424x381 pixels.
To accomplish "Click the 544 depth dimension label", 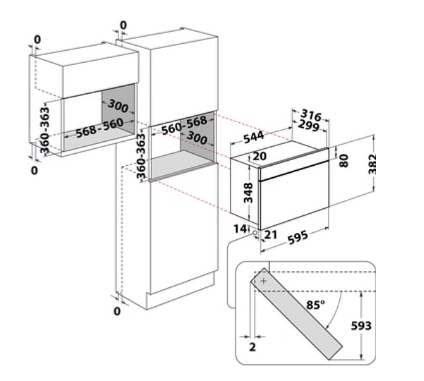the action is (253, 137).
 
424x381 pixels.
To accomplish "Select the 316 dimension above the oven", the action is (311, 115).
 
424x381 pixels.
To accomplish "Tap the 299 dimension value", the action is (309, 126).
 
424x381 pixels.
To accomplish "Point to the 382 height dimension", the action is (372, 164).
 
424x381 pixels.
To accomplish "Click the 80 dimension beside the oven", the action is (344, 161).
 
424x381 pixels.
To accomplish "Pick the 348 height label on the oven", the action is (248, 193).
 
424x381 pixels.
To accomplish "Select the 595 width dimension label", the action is (297, 238).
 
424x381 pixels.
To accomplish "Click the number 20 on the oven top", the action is (259, 156).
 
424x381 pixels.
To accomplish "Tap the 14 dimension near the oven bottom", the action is (240, 229).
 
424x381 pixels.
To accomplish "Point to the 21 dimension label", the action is (271, 235).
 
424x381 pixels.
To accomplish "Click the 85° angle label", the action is (316, 305).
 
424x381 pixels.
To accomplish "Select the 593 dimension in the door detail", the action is (361, 326).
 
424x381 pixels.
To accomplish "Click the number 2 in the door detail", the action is (253, 347).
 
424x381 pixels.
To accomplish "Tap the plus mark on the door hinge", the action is (263, 281).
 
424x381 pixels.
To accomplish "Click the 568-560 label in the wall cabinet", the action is (99, 128).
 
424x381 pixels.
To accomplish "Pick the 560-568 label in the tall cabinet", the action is (184, 125).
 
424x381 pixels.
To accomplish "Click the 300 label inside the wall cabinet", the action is (118, 106).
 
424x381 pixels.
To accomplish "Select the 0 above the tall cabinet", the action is (123, 25).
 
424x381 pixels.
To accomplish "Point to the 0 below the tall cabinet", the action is (117, 311).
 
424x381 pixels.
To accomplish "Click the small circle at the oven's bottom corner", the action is (255, 232).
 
